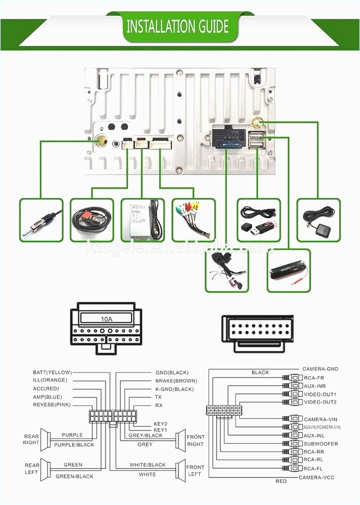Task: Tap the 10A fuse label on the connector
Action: [106, 319]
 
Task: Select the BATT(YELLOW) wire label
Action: [53, 372]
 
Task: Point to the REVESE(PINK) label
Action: [52, 405]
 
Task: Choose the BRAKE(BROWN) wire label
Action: [176, 381]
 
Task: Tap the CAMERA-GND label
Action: [320, 369]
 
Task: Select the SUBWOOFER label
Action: [321, 444]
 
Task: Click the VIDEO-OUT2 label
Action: [320, 402]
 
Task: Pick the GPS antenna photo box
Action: [318, 220]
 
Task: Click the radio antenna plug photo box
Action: [41, 220]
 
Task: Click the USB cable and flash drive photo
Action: [259, 220]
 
